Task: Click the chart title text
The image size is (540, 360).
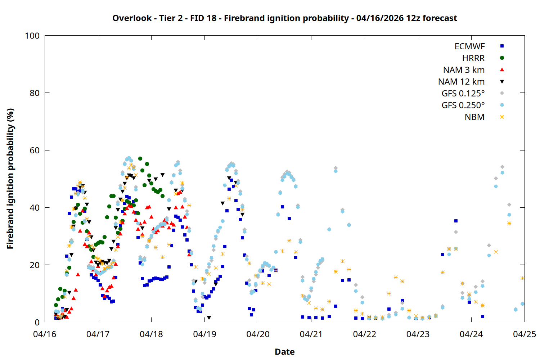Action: tap(284, 18)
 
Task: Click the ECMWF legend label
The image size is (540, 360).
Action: tap(469, 46)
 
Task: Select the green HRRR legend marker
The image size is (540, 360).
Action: tap(502, 58)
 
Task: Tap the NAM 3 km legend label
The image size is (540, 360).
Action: tap(464, 70)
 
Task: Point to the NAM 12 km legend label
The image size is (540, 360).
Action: tap(461, 82)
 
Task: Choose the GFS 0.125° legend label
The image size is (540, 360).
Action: tap(463, 94)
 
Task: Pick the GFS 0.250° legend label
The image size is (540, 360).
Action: tap(463, 105)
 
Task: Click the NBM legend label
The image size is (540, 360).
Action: tap(474, 117)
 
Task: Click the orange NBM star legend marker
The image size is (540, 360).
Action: tap(502, 117)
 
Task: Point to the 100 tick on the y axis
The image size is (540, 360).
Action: tap(32, 36)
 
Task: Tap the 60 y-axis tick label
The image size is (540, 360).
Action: tap(35, 150)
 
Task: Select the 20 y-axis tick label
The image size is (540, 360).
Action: tap(35, 265)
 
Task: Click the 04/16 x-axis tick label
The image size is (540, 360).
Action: tap(45, 334)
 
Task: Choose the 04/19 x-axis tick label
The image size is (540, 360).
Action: tap(204, 334)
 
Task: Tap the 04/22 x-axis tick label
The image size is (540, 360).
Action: tap(364, 334)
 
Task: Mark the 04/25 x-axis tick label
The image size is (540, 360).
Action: tap(524, 334)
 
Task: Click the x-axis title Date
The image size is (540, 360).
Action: tap(284, 352)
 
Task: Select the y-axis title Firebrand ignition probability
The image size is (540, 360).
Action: tap(10, 179)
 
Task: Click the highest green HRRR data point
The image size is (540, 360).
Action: tap(140, 158)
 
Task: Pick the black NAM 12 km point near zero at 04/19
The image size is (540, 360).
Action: tap(209, 318)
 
